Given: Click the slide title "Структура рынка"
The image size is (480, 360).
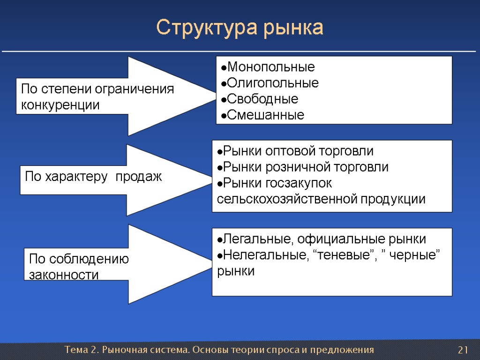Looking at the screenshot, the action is point(240,28).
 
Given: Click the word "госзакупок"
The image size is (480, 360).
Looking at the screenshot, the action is point(300,183).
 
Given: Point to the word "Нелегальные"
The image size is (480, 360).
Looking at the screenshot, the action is point(262,255).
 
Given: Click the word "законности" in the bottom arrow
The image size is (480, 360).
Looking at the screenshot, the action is point(64,275).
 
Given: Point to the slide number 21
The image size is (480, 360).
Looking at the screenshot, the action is point(463,350).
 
